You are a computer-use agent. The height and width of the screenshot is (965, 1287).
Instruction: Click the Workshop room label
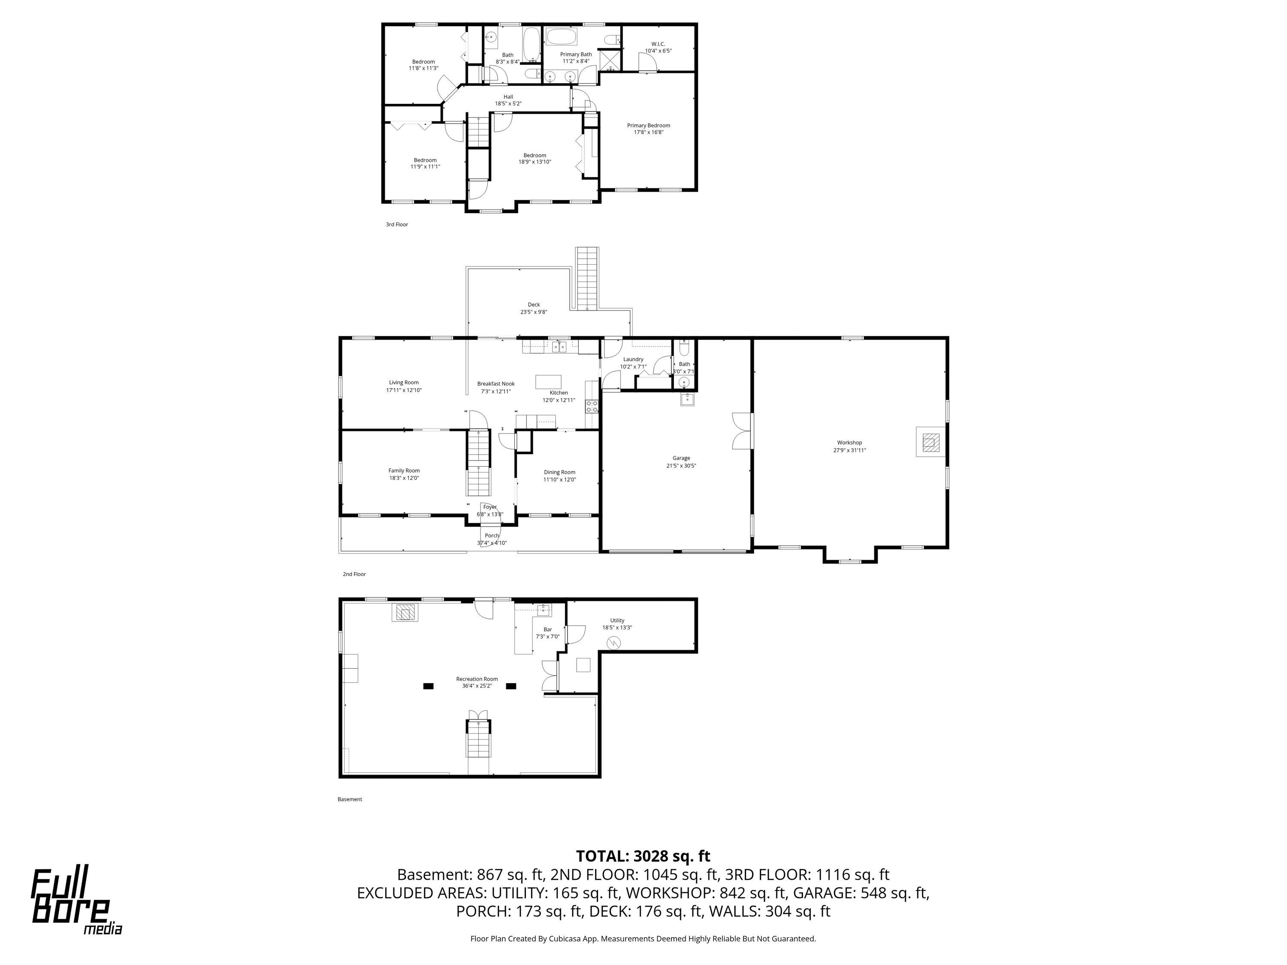(849, 443)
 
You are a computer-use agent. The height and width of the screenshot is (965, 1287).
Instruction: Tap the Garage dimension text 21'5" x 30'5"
(681, 465)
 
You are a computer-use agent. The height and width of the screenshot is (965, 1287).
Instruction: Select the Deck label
(534, 304)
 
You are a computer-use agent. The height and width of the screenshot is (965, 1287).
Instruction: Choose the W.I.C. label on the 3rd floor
(658, 44)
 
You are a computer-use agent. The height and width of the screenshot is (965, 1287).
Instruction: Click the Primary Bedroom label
(648, 125)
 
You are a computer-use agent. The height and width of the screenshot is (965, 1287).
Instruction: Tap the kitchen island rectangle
(549, 381)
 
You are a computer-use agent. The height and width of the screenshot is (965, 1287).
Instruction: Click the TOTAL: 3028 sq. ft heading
(643, 856)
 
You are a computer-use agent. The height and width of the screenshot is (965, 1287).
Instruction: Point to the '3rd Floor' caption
(397, 225)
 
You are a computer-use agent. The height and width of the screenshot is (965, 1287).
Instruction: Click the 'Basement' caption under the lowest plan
(350, 799)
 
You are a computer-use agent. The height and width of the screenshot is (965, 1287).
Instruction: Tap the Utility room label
(617, 621)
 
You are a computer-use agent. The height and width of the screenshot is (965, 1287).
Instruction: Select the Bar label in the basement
(547, 629)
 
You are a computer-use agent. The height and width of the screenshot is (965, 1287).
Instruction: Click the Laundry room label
(633, 359)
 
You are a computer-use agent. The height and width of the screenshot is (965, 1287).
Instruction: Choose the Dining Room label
(560, 472)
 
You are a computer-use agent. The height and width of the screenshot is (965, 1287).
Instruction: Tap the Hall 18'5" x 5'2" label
(508, 100)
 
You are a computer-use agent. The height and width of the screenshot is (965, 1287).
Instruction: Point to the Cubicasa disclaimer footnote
(643, 938)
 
